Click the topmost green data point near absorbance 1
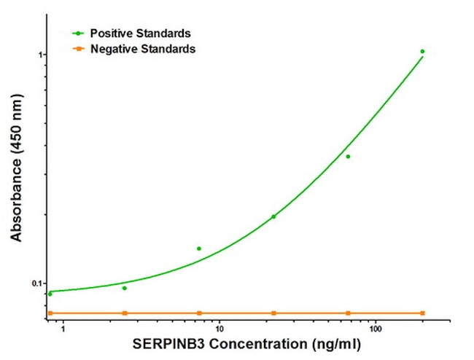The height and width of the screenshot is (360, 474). coord(422,52)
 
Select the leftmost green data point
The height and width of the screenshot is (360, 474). coord(50,294)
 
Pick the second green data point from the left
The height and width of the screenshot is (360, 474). coord(125,288)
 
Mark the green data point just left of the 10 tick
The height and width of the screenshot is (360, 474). coord(199,249)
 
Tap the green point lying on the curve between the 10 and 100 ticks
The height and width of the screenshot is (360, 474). coord(273,216)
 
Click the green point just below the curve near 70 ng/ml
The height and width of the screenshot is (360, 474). coord(348,157)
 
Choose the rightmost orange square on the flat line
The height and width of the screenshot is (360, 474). coord(422,313)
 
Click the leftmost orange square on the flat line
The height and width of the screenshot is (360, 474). coord(50,313)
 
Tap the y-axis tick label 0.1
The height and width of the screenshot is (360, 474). coord(34,283)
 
